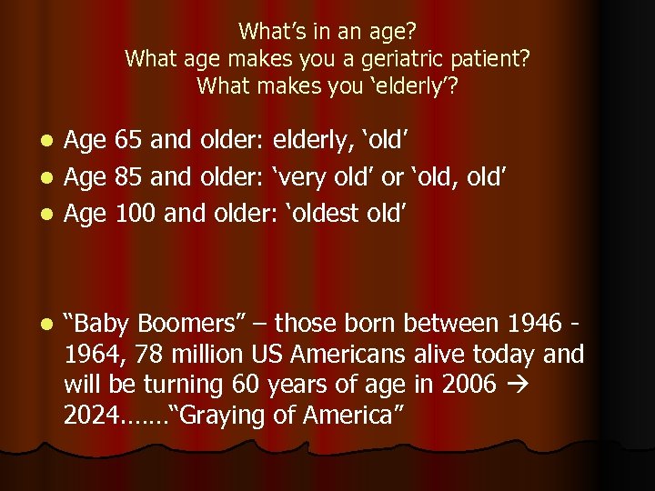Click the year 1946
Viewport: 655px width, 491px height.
pos(531,323)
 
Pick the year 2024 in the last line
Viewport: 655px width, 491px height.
pos(91,416)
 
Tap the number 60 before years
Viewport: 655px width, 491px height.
pos(248,385)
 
